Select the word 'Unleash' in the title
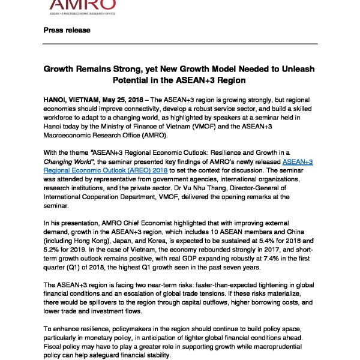[x=295, y=69]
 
